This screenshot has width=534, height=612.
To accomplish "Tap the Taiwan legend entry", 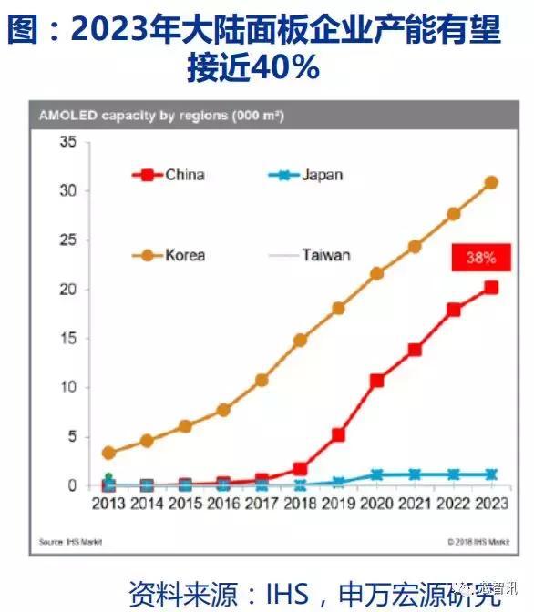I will pos(310,255).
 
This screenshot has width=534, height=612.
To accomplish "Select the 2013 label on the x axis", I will pos(109,503).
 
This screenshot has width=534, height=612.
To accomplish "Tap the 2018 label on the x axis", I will pos(300,503).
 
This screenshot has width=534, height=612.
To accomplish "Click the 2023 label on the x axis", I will pos(490,503).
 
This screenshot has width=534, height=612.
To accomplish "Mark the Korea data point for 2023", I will pos(490,182).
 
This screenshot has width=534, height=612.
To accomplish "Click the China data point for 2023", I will pos(490,287).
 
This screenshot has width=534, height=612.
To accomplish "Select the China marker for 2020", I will pos(376,381).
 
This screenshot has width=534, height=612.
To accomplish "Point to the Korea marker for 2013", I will pos(109,453).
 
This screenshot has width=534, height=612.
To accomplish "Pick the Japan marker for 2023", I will pos(490,474).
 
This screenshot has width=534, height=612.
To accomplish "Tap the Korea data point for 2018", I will pos(300,341).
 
